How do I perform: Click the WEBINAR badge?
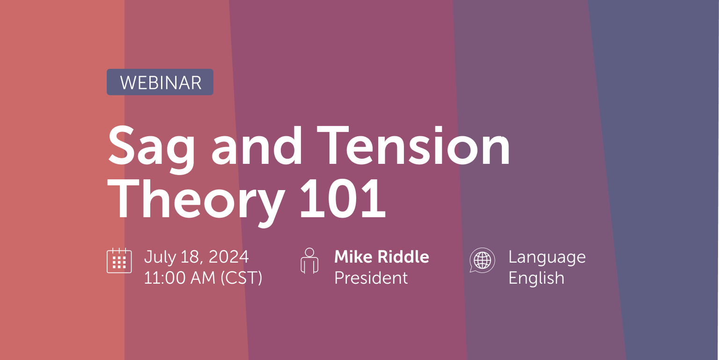160,82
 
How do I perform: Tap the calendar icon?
119,261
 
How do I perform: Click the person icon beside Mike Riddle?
309,260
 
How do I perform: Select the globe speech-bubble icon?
482,260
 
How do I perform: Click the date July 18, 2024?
197,257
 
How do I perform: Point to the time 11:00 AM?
178,278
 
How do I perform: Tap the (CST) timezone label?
241,278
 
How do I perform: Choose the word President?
371,278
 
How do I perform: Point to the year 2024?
229,257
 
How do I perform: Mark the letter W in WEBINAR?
128,83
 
